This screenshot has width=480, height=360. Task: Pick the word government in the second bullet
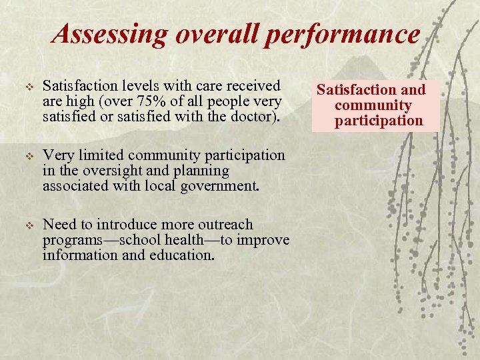tap(219, 187)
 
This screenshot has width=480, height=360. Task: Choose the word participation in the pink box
tap(379, 121)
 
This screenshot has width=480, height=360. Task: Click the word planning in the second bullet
tap(203, 171)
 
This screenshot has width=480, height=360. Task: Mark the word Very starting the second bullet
tap(57, 155)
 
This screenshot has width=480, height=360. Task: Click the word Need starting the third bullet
tap(59, 225)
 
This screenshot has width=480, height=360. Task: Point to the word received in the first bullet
tap(255, 86)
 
